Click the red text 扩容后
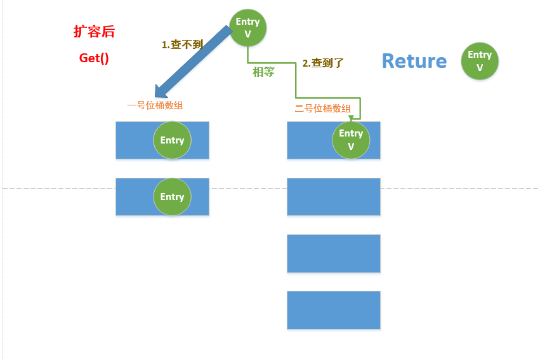coord(94,32)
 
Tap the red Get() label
coord(94,58)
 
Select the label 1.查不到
coord(183,44)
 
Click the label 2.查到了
coord(323,63)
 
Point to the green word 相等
coord(263,72)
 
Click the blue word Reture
coord(414,61)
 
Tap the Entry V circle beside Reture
coord(480,61)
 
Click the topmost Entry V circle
coord(247,28)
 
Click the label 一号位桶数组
coord(155,105)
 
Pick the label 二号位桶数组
coord(322,109)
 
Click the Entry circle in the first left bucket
coord(172,140)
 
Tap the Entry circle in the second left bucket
coord(172,197)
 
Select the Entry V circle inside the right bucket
coord(351,140)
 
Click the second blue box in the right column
coord(334,197)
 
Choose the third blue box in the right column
coord(334,253)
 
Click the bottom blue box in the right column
coord(334,310)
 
